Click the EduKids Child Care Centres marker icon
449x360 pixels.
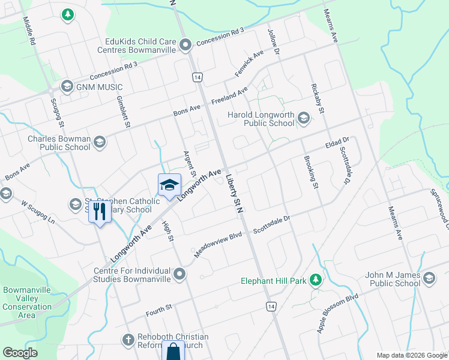click(x=185, y=44)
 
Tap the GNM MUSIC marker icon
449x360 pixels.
click(x=67, y=86)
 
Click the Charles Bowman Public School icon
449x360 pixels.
click(x=99, y=142)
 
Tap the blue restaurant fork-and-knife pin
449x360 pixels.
click(x=100, y=211)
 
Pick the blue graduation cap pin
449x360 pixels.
click(x=169, y=184)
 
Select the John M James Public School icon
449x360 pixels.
click(x=429, y=278)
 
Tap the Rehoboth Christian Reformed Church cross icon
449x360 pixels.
click(x=127, y=340)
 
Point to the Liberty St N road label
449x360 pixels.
click(x=234, y=194)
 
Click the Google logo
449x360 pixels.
click(x=20, y=352)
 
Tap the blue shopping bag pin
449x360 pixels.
click(x=173, y=351)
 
